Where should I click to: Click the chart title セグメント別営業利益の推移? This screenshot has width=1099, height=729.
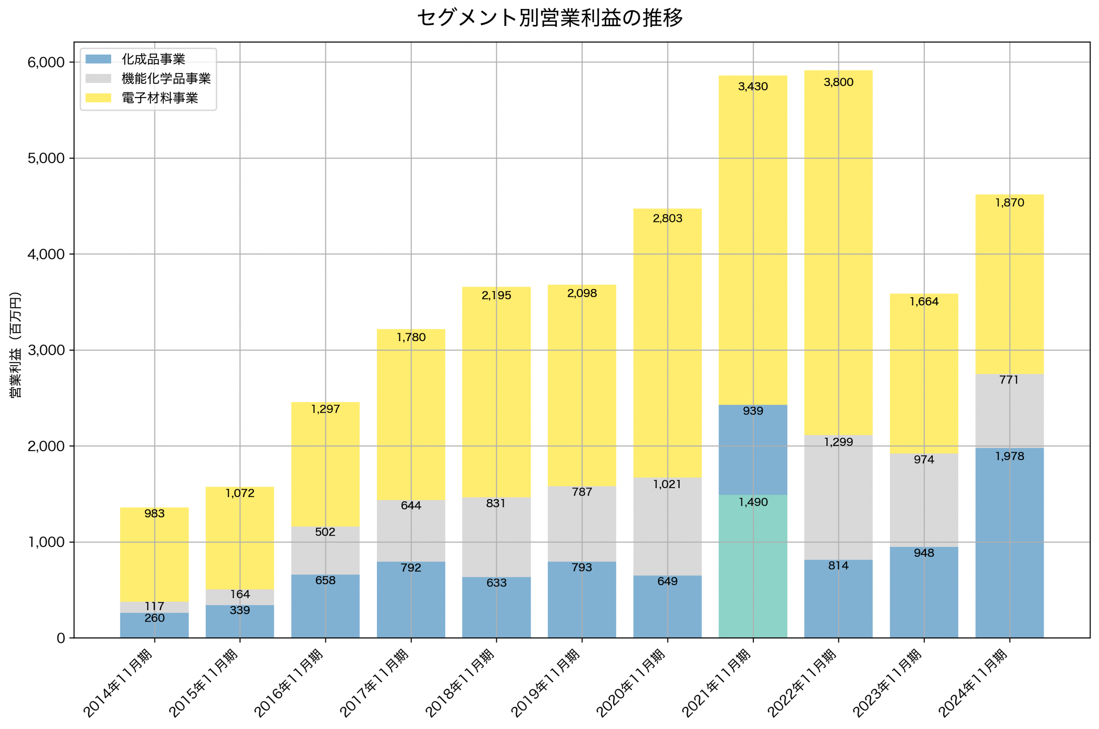click(x=549, y=18)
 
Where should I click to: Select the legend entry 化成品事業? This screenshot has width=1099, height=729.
click(x=153, y=59)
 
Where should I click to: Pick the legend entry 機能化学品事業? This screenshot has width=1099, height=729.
click(x=166, y=79)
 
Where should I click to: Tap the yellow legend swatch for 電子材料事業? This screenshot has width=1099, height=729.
click(x=98, y=98)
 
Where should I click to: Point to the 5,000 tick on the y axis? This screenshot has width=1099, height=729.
click(x=46, y=159)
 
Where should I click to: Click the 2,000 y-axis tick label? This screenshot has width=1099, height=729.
click(x=46, y=446)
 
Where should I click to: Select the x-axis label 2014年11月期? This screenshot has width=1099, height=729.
click(x=118, y=683)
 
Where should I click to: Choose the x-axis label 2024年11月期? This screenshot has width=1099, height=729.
click(x=973, y=683)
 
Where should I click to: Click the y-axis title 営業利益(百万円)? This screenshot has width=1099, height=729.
click(x=16, y=345)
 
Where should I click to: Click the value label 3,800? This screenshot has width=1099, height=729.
click(x=838, y=82)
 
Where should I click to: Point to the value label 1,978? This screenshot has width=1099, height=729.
click(x=1009, y=457)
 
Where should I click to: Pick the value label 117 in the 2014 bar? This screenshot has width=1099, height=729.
click(x=154, y=606)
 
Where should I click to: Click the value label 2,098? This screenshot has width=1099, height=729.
click(x=582, y=293)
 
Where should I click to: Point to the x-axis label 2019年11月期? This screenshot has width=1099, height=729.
click(x=546, y=683)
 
